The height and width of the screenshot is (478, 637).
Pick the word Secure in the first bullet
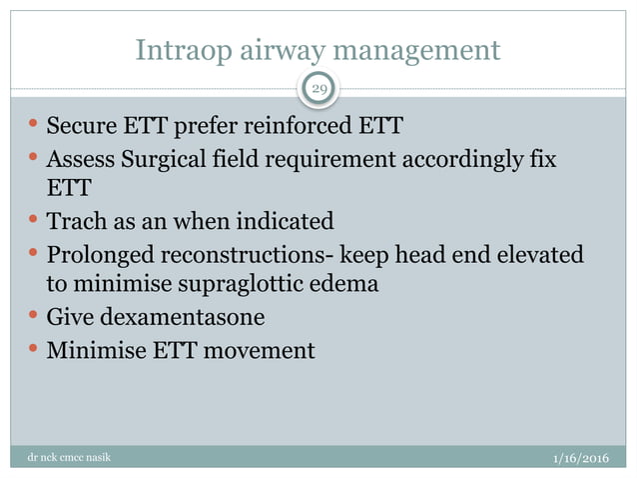(x=80, y=127)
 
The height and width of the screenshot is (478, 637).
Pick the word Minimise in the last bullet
(x=91, y=350)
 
